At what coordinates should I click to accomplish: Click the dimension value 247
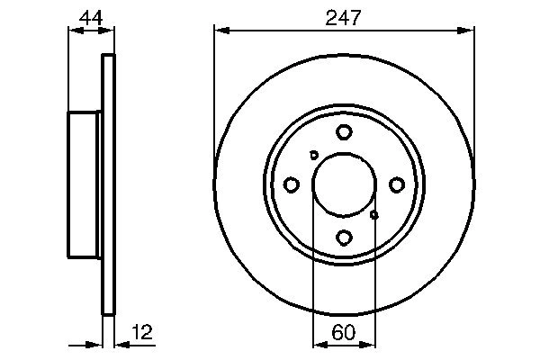click(343, 16)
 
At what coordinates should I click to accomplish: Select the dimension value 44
click(89, 16)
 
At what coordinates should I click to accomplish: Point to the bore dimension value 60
click(343, 331)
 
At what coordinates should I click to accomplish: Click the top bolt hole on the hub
click(344, 132)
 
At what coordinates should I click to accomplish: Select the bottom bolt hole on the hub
click(344, 238)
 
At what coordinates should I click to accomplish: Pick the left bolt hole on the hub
click(291, 184)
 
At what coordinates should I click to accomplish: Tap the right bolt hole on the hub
click(396, 184)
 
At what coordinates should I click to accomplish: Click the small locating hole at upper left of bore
click(313, 155)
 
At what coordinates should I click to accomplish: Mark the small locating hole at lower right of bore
click(374, 214)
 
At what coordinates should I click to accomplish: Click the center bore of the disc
click(343, 184)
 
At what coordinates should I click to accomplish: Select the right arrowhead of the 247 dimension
click(467, 31)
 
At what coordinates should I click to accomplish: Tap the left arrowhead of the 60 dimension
click(317, 343)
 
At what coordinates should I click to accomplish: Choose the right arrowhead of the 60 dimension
click(369, 343)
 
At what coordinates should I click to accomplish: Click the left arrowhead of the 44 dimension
click(74, 31)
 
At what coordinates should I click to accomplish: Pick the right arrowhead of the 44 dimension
click(110, 31)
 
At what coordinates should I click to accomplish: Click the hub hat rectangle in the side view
click(85, 184)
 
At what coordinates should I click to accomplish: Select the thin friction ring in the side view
click(109, 184)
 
